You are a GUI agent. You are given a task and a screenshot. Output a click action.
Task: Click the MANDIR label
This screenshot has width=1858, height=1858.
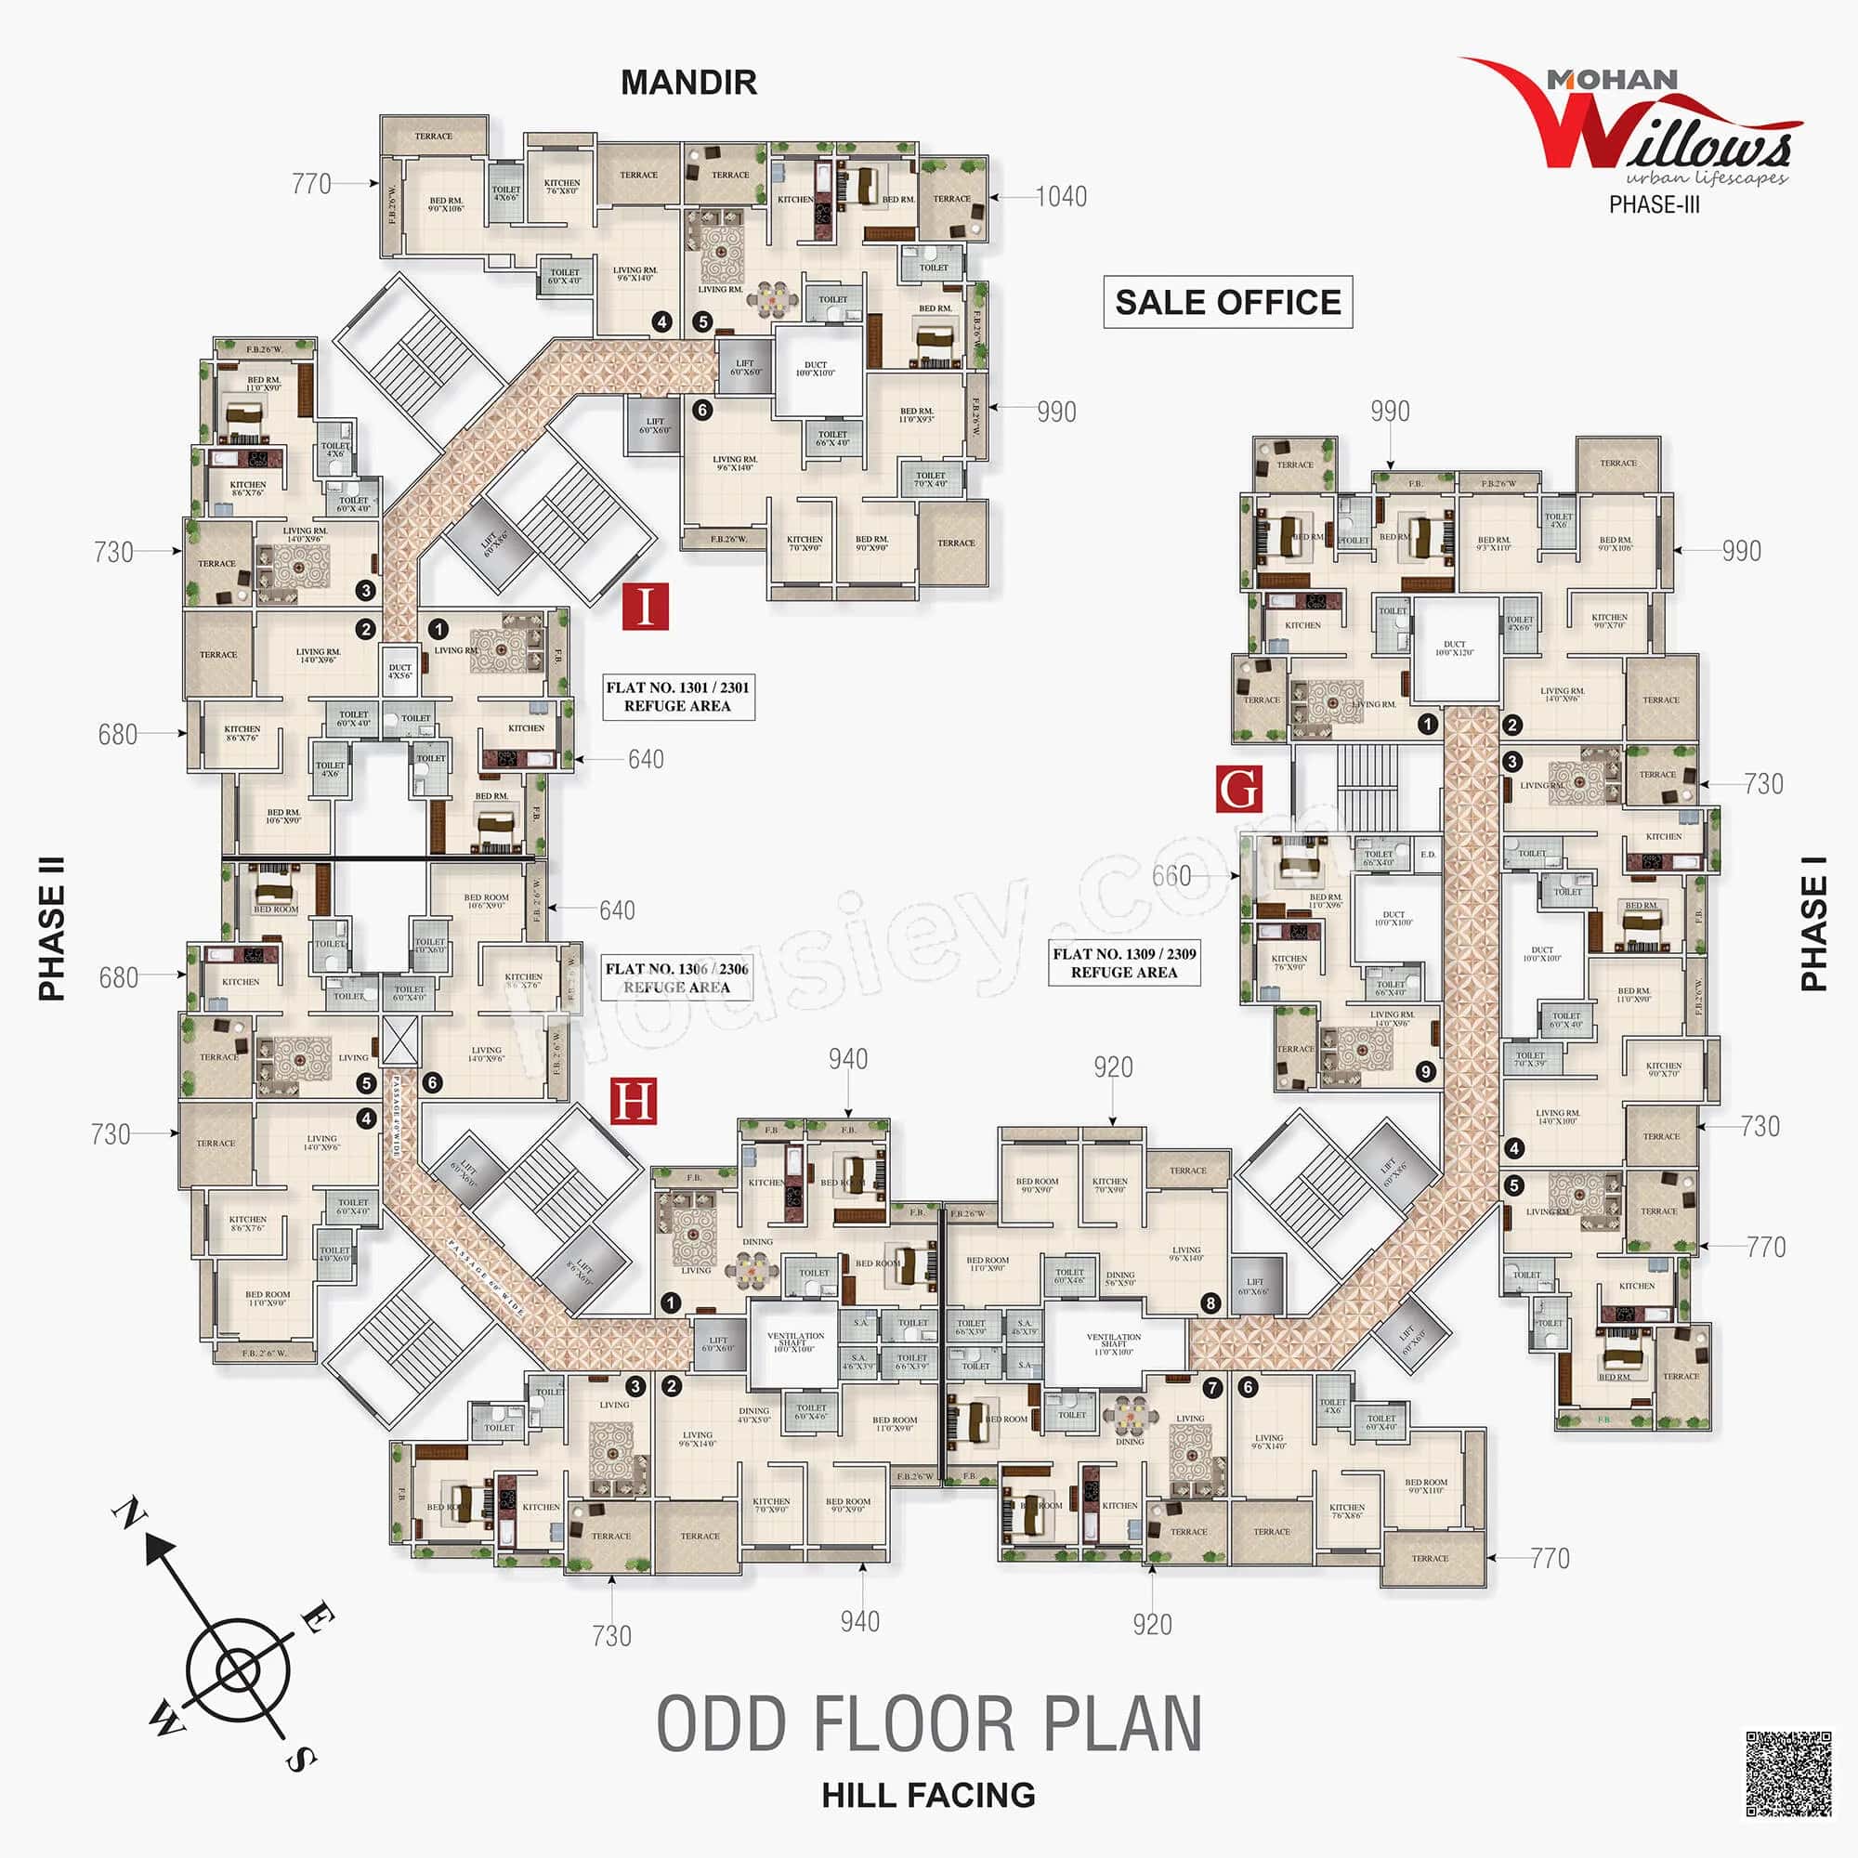[688, 83]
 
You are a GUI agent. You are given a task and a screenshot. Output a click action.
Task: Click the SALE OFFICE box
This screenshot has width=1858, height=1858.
[1227, 302]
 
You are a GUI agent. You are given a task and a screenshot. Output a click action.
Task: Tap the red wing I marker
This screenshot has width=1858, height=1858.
[645, 606]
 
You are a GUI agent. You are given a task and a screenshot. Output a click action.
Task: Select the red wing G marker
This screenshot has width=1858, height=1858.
[1238, 789]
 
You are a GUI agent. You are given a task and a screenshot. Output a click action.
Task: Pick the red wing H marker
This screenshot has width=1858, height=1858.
[634, 1100]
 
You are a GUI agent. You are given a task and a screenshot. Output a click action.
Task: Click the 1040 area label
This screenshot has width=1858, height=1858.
[1061, 197]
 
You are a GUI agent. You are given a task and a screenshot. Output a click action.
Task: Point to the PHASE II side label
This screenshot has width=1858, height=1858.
[52, 928]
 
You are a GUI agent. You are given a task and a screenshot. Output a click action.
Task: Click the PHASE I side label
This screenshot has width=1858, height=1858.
[1813, 923]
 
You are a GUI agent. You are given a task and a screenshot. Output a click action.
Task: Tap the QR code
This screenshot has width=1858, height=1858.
[1787, 1774]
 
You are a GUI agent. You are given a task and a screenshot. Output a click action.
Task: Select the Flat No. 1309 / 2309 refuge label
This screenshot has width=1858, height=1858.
[1124, 962]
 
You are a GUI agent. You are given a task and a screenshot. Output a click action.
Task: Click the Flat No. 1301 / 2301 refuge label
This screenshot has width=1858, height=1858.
[677, 696]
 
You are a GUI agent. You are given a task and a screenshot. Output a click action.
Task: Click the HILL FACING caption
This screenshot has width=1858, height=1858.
[928, 1796]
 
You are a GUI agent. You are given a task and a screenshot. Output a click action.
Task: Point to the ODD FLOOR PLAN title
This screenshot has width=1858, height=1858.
[928, 1724]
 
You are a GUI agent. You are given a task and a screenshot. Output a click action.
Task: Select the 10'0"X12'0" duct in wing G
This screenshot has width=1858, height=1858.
[1455, 648]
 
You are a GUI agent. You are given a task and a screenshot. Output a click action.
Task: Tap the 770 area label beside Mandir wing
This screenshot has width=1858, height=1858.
[310, 184]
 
